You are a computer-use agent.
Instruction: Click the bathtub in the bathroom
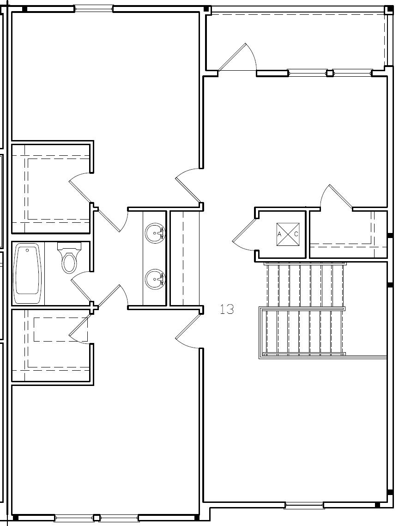pos(28,275)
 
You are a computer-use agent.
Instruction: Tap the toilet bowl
pos(69,262)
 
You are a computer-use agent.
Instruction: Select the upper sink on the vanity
pos(154,233)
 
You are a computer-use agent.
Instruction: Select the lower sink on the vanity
pos(154,279)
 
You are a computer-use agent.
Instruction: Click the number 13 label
pos(226,309)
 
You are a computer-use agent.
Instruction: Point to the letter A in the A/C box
pos(279,234)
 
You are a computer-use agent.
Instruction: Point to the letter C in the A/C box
pos(296,234)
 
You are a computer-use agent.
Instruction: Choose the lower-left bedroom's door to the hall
pos(187,329)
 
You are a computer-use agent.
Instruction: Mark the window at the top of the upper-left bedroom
pos(94,9)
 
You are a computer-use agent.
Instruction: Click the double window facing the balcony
pos(330,73)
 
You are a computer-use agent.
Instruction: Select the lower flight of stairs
pos(303,332)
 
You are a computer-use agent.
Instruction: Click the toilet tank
pos(69,246)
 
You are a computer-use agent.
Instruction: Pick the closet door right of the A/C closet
pos(340,196)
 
